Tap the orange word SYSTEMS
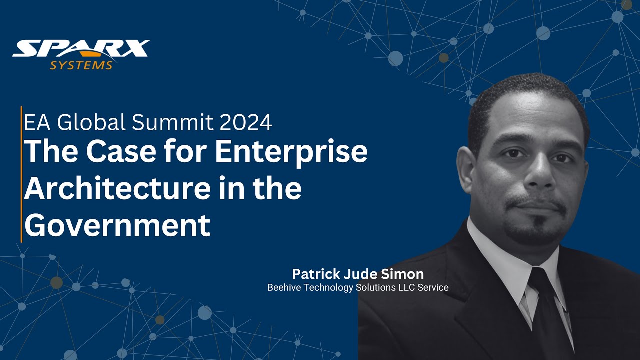81,65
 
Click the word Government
117,225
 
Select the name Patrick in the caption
315,274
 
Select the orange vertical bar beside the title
21,174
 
